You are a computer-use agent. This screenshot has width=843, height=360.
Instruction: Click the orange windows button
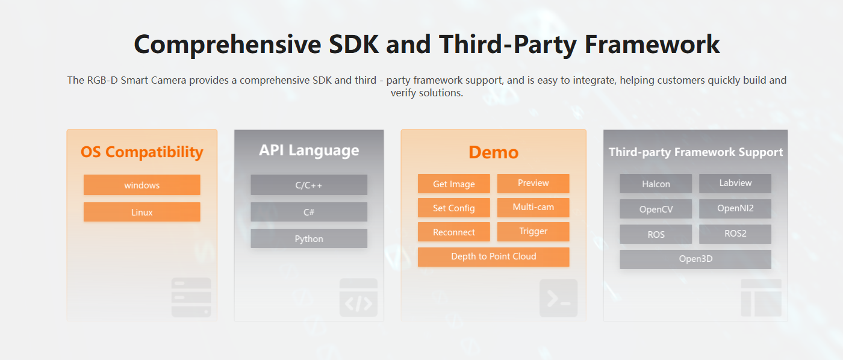pos(142,185)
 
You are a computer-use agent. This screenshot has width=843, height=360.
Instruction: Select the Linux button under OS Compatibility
pos(142,212)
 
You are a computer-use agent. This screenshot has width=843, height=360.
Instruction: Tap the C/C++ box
pos(309,185)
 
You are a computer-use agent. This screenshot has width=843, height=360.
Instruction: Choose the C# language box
pos(309,212)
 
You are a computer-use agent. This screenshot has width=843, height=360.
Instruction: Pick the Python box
pos(309,238)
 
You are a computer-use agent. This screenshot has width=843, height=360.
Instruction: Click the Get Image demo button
pos(454,184)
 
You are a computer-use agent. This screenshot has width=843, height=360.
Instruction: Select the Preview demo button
pos(533,183)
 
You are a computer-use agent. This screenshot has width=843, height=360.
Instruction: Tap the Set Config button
pos(454,208)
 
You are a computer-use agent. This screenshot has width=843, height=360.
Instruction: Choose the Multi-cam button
pos(533,207)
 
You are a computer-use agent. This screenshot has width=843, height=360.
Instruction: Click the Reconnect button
pos(454,232)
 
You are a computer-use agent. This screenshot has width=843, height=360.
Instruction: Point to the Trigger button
pos(533,231)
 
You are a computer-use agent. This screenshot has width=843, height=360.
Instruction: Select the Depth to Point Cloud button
pos(493,257)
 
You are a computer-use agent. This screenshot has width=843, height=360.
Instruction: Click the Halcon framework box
pos(656,184)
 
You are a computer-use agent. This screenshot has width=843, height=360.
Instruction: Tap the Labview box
pos(735,183)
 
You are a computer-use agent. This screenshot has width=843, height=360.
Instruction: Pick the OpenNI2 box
pos(735,208)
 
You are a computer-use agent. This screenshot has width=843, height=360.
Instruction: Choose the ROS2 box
pos(735,234)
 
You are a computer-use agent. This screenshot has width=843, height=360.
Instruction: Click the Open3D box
pos(695,259)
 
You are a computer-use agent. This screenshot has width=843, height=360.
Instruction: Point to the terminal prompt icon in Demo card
pos(559,299)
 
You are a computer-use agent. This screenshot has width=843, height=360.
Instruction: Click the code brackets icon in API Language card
pos(358,297)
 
